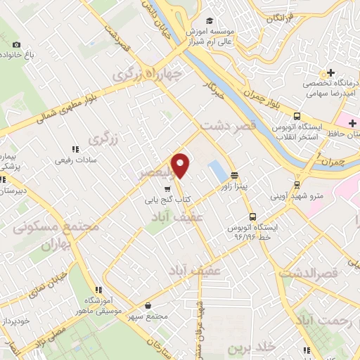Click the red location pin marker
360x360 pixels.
181,165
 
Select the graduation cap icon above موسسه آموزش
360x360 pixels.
209,22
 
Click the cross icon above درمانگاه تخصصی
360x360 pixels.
330,72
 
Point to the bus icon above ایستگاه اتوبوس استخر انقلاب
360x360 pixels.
298,117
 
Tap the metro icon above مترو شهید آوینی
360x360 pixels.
297,184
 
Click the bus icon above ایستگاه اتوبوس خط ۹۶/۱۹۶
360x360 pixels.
252,217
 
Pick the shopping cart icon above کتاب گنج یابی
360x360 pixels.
167,188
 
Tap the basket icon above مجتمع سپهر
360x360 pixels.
148,305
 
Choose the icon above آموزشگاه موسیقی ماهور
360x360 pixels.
99,289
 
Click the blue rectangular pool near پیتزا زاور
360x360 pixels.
217,170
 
